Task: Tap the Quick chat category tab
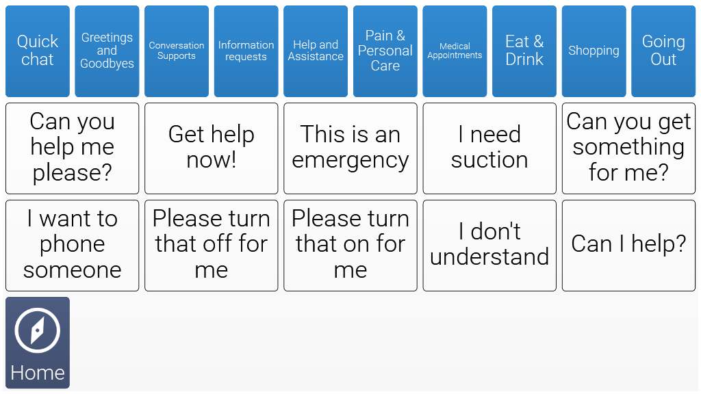[x=38, y=51]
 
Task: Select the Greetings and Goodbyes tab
[x=107, y=51]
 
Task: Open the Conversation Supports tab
[x=177, y=51]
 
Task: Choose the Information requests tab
[x=246, y=51]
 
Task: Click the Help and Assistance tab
[x=316, y=51]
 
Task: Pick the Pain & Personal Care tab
[x=385, y=51]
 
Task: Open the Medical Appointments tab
[x=455, y=51]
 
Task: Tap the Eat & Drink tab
[x=524, y=51]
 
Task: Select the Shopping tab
[x=594, y=51]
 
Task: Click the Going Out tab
[x=663, y=51]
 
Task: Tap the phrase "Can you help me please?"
[x=73, y=148]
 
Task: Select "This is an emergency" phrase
[x=350, y=148]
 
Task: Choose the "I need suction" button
[x=489, y=148]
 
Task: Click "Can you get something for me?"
[x=628, y=148]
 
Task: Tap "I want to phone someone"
[x=73, y=246]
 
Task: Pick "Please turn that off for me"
[x=212, y=246]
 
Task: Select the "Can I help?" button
[x=628, y=246]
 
